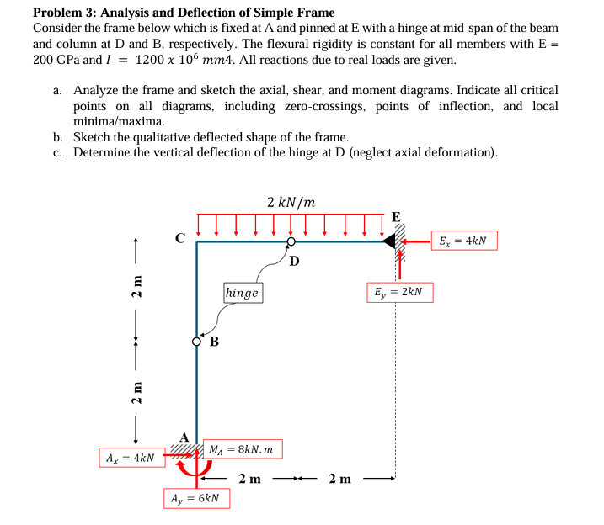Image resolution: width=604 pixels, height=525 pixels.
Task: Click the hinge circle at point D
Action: point(291,242)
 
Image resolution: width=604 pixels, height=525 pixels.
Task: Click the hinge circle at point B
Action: point(197,342)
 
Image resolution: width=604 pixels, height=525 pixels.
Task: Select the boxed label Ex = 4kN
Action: point(462,241)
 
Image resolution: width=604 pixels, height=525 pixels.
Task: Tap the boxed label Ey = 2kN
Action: point(399,293)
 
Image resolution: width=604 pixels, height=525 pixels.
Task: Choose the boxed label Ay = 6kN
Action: point(195,498)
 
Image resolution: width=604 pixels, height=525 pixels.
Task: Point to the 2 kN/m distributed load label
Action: point(291,202)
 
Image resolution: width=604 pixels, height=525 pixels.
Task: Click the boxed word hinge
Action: point(243,293)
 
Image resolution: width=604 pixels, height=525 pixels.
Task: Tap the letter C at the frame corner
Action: point(179,238)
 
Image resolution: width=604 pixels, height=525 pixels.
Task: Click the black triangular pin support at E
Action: point(390,242)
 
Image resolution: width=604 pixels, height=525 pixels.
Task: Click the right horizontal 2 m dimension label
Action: point(341,480)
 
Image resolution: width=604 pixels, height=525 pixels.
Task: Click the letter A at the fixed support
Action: point(184,437)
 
